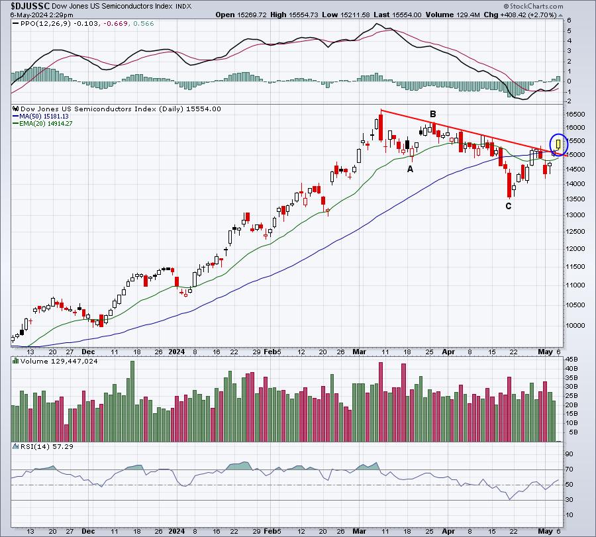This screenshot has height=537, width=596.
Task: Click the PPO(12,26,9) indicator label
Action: click(x=37, y=23)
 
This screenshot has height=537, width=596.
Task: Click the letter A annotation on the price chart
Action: click(x=410, y=169)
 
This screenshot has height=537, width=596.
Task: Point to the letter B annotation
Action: click(x=432, y=114)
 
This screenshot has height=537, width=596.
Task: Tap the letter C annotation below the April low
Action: click(x=509, y=206)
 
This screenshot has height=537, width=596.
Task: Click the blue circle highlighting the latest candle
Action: click(x=558, y=144)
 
